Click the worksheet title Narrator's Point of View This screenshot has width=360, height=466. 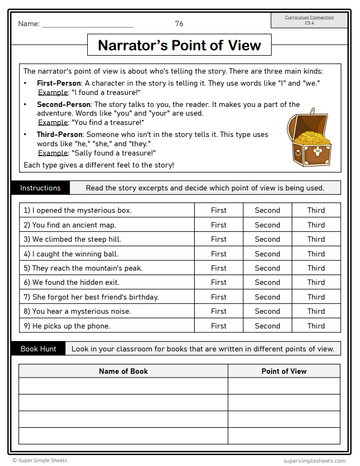(179, 45)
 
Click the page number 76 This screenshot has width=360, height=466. (179, 23)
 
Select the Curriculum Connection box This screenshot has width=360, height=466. (309, 20)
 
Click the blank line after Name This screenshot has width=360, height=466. (87, 25)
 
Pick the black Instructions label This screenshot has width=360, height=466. (40, 188)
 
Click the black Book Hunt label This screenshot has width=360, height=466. (38, 349)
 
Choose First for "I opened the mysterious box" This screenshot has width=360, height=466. (219, 210)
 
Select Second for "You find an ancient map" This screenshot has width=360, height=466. (267, 225)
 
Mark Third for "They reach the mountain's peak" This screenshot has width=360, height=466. (316, 268)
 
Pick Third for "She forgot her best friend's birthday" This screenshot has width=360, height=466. (316, 297)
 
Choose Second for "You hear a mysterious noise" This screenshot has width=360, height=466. (267, 311)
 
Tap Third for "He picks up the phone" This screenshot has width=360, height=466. (316, 326)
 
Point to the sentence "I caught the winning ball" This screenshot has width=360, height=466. (70, 254)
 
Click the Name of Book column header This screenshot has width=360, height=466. (123, 371)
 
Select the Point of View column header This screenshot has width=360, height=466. (284, 371)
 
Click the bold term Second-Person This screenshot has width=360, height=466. (64, 104)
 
